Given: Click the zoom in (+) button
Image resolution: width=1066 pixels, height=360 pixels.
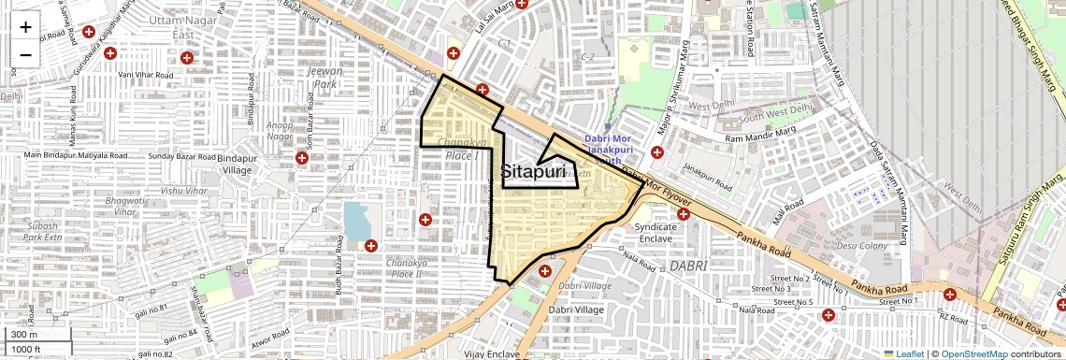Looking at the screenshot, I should point(25,27).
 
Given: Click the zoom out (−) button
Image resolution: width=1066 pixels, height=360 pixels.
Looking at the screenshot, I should point(25,55).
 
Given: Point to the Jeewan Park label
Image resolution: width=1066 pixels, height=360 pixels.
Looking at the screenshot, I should point(324,77).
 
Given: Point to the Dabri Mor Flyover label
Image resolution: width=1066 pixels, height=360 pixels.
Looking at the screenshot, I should point(658,189).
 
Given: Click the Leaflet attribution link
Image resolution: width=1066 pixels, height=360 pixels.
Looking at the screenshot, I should point(903,353).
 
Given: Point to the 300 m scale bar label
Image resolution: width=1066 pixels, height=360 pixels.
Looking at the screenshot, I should point(24,335).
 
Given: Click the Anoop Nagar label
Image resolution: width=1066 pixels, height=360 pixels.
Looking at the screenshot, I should point(280,130).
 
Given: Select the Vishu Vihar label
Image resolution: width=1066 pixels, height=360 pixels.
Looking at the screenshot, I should point(184,191).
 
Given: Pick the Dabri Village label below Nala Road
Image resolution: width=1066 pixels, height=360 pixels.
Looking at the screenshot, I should point(576,310).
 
